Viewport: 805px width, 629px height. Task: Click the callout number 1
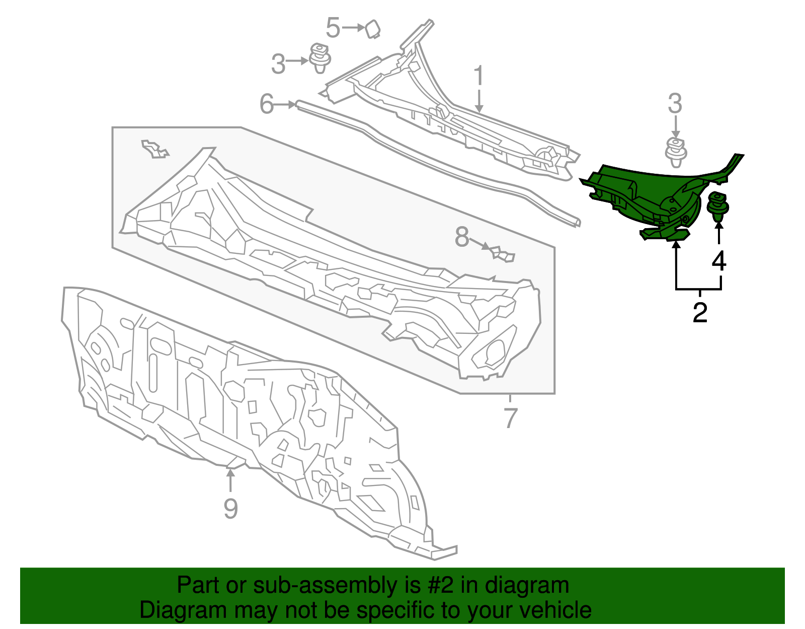[479, 77]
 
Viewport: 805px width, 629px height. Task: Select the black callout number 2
[700, 312]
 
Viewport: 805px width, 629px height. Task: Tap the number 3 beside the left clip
[278, 64]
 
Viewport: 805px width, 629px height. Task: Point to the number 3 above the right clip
[675, 104]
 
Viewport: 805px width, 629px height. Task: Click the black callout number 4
[719, 261]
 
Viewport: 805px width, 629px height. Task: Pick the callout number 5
[333, 28]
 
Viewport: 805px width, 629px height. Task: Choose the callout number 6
[267, 104]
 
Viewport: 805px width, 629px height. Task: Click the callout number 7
[510, 418]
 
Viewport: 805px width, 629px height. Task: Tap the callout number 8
[462, 237]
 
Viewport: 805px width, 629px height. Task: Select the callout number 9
[230, 508]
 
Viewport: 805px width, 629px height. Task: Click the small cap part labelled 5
[372, 29]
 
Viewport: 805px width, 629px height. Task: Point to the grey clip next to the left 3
[319, 58]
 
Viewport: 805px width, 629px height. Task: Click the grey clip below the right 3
[676, 151]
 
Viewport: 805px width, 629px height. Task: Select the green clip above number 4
[718, 206]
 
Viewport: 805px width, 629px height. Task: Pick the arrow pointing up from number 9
[230, 479]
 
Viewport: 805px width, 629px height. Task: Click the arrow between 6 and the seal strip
[285, 104]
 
